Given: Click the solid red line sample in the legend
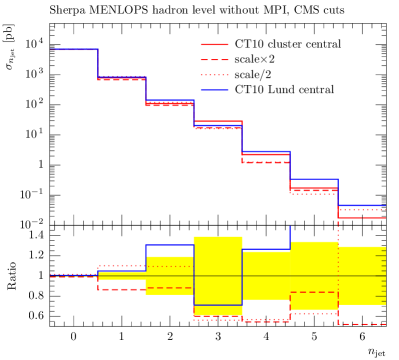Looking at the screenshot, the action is (x=214, y=44).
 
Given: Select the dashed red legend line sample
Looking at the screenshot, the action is (x=214, y=60).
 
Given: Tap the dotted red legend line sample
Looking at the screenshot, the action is (x=214, y=75).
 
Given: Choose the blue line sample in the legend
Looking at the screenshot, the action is (x=214, y=90).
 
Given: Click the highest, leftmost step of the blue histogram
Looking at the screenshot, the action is (x=74, y=49).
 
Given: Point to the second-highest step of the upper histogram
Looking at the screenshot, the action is (x=122, y=77).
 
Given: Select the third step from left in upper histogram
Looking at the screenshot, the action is (x=170, y=101).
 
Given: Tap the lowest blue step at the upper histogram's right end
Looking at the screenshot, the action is (x=362, y=206).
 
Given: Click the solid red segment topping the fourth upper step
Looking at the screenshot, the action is (x=218, y=121).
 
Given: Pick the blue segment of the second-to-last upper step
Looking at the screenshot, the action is (x=314, y=179).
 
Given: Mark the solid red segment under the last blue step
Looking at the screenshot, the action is (x=362, y=217).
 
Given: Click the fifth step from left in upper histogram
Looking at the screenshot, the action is (x=266, y=152).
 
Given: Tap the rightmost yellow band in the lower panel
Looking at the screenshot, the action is (x=362, y=275).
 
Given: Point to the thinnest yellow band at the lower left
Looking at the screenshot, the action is (x=122, y=276).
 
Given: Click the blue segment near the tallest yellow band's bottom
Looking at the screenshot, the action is (x=218, y=305).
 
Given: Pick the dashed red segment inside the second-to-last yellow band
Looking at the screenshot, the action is (x=314, y=293).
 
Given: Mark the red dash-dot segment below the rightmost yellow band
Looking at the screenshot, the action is (x=362, y=324).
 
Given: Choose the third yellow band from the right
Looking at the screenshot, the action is (x=266, y=274).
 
